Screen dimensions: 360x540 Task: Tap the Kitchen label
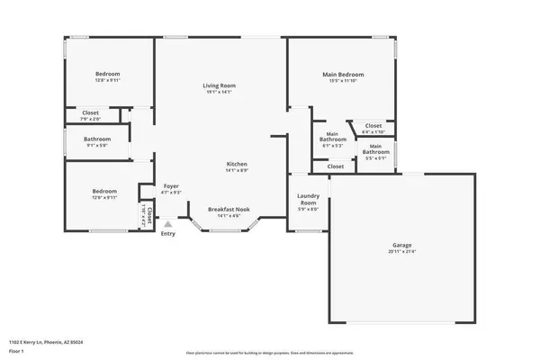pyautogui.click(x=237, y=163)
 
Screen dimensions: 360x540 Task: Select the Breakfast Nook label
pyautogui.click(x=229, y=209)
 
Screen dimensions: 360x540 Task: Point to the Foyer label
pyautogui.click(x=171, y=185)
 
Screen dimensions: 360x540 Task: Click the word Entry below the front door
pyautogui.click(x=167, y=235)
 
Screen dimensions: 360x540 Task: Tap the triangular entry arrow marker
pyautogui.click(x=167, y=224)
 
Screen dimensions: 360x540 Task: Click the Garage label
pyautogui.click(x=401, y=245)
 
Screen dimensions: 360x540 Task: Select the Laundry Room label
pyautogui.click(x=308, y=200)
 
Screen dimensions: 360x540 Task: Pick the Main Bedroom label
pyautogui.click(x=343, y=74)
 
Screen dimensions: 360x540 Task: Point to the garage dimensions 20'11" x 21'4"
pyautogui.click(x=401, y=252)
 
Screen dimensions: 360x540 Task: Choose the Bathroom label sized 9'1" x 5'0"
pyautogui.click(x=97, y=139)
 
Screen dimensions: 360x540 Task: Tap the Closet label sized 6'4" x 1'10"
pyautogui.click(x=373, y=125)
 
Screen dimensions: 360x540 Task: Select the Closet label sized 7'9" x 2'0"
pyautogui.click(x=91, y=112)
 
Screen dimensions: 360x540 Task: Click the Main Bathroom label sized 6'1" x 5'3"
pyautogui.click(x=333, y=137)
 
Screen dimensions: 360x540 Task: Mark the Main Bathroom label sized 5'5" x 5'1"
pyautogui.click(x=376, y=149)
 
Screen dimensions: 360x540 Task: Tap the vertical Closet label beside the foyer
pyautogui.click(x=149, y=213)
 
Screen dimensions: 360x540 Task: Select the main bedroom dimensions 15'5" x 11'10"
pyautogui.click(x=343, y=81)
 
